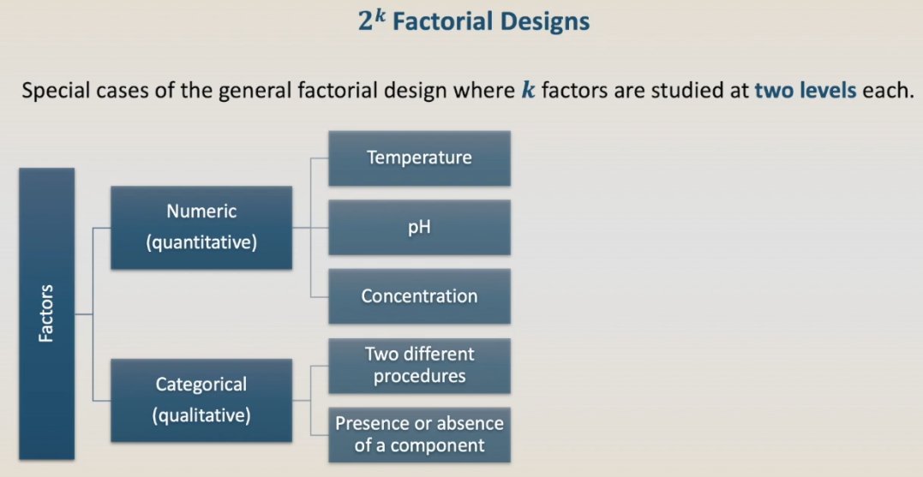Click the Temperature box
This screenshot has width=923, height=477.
[x=419, y=158]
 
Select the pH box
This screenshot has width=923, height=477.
[x=419, y=228]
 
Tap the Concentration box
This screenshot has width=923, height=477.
[x=419, y=296]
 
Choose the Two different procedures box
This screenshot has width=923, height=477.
[x=419, y=366]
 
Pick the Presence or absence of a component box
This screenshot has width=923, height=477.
[x=419, y=435]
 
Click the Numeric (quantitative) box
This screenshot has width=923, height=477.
[x=201, y=228]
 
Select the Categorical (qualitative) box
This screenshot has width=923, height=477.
[x=201, y=401]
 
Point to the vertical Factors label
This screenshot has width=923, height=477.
[x=46, y=313]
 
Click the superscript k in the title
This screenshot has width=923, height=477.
[x=380, y=15]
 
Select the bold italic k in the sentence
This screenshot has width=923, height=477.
[x=529, y=91]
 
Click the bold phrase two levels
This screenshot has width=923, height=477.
[x=806, y=91]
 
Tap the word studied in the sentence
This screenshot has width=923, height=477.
[x=693, y=91]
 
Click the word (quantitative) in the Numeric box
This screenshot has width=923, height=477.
[x=201, y=242]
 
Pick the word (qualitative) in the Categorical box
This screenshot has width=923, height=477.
[x=201, y=415]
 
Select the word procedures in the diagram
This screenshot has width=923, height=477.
[x=419, y=377]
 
